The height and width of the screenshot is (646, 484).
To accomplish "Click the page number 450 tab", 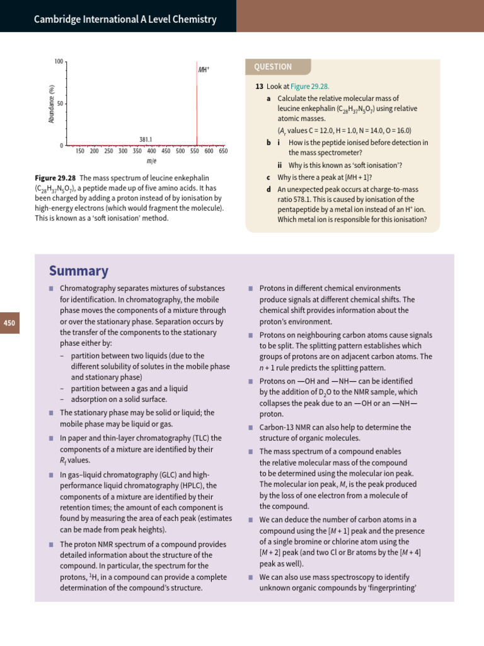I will (10, 323).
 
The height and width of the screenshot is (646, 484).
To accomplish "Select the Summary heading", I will (78, 271).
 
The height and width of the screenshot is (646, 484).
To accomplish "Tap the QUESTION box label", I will (273, 67).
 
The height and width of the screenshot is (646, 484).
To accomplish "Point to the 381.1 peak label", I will (146, 139).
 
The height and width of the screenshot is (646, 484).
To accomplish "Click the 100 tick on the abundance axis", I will (59, 62).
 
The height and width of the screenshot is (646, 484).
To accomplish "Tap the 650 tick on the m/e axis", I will (223, 151).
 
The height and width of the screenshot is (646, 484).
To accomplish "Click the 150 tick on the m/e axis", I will (80, 151).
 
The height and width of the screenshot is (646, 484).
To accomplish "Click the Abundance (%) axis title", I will (52, 103).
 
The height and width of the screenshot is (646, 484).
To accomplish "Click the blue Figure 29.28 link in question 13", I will (309, 86).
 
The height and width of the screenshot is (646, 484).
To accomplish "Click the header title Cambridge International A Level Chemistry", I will (125, 20).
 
